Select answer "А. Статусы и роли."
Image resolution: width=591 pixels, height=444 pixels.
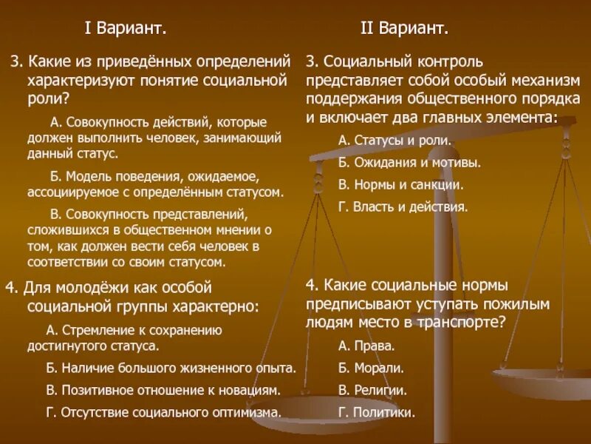pos(394,140)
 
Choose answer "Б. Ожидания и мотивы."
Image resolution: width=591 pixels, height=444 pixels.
pos(409,162)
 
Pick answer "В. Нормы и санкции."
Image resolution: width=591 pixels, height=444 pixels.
pos(400,184)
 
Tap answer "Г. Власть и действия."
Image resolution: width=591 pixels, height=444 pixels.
pos(403,206)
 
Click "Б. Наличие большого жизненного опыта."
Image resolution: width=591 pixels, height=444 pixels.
pos(171,367)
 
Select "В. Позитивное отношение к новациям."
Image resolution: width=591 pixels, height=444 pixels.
pos(163,389)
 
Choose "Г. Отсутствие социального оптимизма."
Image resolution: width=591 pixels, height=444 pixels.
pos(163,412)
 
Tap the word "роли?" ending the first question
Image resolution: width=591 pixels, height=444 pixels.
pos(47,96)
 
